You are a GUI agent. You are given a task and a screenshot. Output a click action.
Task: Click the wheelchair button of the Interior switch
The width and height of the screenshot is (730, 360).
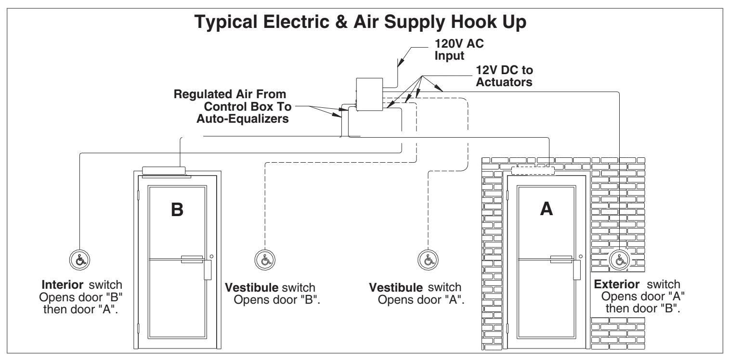[79, 260]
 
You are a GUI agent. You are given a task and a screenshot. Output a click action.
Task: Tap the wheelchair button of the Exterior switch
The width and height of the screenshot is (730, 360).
[619, 260]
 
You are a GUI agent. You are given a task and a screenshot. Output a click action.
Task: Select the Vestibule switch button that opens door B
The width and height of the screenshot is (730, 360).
[265, 260]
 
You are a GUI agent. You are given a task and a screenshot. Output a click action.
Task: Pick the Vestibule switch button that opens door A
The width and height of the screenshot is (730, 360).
[428, 260]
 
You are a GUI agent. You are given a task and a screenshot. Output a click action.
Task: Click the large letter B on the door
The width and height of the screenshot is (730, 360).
[177, 209]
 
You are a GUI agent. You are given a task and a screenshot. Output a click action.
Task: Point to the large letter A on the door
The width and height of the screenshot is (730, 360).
[547, 209]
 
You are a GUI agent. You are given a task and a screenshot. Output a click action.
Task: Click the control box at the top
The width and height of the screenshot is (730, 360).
[369, 94]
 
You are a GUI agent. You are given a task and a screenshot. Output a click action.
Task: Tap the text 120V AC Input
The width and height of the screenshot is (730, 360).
[459, 50]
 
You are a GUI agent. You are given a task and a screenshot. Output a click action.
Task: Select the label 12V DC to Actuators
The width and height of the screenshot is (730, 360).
[504, 76]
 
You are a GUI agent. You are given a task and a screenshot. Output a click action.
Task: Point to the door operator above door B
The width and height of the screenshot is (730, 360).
[164, 171]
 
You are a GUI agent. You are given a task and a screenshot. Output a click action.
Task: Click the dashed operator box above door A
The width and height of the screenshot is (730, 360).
[533, 170]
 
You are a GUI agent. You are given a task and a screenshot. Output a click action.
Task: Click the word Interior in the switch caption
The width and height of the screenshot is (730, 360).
[62, 285]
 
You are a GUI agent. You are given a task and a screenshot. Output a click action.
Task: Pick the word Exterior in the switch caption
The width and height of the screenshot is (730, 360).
[616, 284]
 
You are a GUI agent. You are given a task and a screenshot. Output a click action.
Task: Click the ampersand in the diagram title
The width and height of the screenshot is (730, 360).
[341, 22]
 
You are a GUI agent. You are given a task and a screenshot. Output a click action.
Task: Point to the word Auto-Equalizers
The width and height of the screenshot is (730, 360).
[243, 118]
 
